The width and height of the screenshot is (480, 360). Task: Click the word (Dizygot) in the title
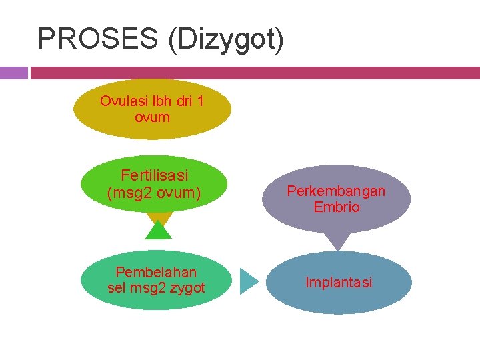pyautogui.click(x=226, y=40)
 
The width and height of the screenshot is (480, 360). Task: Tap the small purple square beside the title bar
pyautogui.click(x=13, y=73)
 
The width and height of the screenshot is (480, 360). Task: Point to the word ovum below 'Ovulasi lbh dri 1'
pyautogui.click(x=152, y=117)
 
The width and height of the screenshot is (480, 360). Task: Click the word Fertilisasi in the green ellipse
pyautogui.click(x=155, y=175)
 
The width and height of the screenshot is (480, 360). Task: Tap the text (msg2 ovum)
pyautogui.click(x=154, y=193)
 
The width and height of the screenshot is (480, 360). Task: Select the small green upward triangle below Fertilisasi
pyautogui.click(x=159, y=231)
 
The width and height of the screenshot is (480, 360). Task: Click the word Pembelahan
pyautogui.click(x=156, y=272)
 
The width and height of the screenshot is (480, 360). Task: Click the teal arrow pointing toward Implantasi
pyautogui.click(x=248, y=281)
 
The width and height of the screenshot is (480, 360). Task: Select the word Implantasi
pyautogui.click(x=339, y=283)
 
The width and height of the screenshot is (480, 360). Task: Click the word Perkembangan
pyautogui.click(x=336, y=191)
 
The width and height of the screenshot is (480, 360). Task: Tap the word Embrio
pyautogui.click(x=337, y=207)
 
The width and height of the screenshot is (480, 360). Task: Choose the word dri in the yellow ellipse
pyautogui.click(x=182, y=101)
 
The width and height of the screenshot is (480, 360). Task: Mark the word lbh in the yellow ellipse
pyautogui.click(x=160, y=101)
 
